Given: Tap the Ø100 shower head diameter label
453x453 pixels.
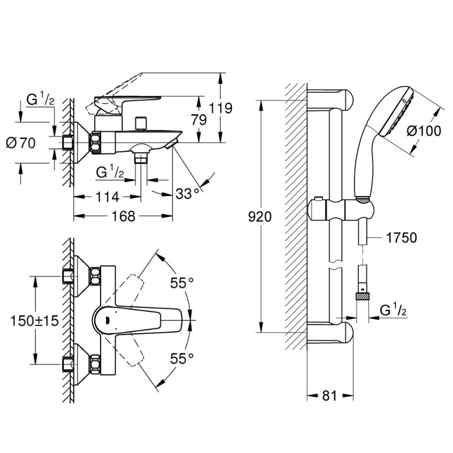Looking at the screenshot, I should pos(424,131).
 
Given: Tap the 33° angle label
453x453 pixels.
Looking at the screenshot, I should pos(187,194).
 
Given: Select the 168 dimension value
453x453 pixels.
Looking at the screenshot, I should pos(123,217).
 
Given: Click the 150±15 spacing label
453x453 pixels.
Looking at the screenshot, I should pos(34,321).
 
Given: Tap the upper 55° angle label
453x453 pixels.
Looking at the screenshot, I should pos(182,283).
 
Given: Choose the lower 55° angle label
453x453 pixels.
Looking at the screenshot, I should pos(182,359).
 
